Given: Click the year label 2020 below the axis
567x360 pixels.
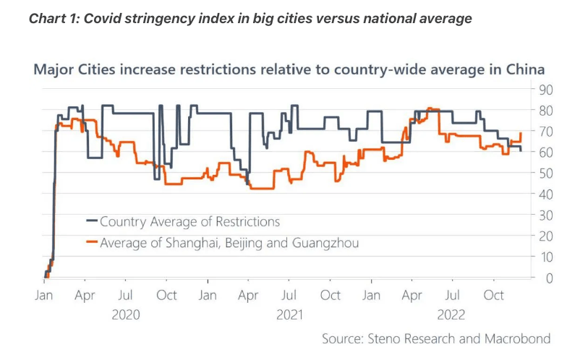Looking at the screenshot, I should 126,314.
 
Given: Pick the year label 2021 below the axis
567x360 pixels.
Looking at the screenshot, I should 289,314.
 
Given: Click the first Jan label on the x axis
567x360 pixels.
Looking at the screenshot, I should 44,296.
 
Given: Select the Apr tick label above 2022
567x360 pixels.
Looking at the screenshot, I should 412,296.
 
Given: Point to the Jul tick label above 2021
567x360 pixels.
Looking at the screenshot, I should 289,296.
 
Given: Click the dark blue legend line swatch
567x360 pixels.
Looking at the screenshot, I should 92,222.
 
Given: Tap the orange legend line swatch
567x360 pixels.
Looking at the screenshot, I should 92,243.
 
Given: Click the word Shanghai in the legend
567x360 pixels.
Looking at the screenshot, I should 187,243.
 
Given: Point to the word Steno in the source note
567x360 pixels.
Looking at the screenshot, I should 388,338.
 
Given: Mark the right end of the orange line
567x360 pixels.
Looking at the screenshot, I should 521,133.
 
